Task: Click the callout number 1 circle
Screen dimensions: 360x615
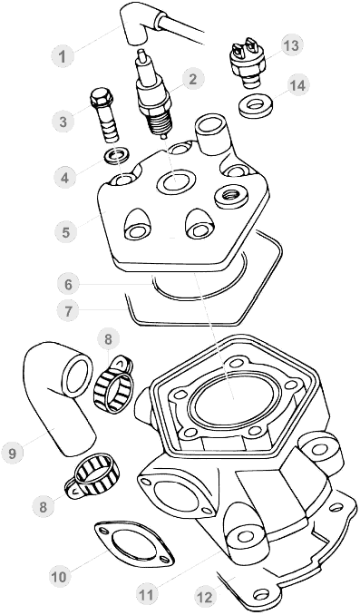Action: [63, 56]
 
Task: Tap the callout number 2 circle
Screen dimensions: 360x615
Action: [192, 79]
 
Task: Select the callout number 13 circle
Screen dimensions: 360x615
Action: [291, 46]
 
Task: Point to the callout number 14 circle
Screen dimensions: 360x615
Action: [298, 85]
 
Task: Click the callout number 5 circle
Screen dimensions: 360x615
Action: [65, 231]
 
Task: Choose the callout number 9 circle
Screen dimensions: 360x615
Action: [12, 454]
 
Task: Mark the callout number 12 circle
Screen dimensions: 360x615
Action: [205, 598]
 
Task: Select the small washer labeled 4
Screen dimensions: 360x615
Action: [117, 156]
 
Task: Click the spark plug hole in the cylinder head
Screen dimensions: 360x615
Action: [175, 181]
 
